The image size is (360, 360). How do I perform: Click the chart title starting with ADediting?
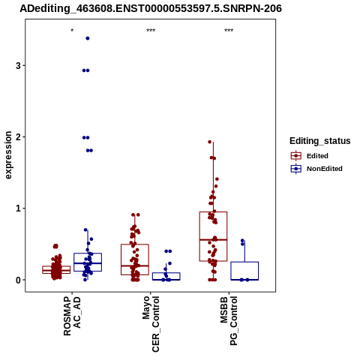pos(151,9)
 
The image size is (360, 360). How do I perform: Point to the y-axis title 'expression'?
pos(8,155)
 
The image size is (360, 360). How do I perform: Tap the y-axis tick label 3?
pos(18,66)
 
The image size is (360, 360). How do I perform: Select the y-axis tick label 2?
pos(18,137)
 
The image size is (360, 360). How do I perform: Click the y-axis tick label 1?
pos(18,208)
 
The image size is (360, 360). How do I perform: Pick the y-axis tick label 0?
pos(18,280)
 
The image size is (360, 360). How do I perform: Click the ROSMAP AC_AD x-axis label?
pos(72,316)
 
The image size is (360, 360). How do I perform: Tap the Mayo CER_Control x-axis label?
pos(151,324)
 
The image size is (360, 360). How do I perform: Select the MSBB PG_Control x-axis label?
pos(229,321)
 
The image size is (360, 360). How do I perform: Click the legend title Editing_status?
pos(320,141)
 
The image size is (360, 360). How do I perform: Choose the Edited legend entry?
pos(310,156)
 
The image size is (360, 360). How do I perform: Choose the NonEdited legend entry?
pos(316,169)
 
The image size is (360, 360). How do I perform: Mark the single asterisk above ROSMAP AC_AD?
pos(72,31)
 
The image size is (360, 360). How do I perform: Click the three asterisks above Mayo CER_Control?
pos(151,31)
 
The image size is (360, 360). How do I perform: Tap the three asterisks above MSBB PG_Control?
pos(229,31)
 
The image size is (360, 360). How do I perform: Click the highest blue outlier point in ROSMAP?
pos(88,38)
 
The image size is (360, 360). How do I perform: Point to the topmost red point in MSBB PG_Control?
pos(210,142)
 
